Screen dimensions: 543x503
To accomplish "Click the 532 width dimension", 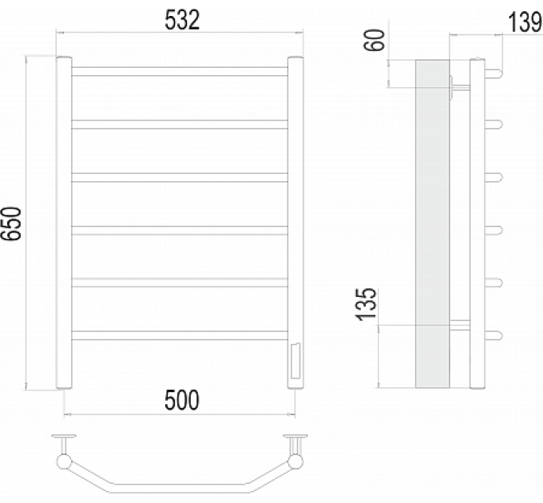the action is pyautogui.click(x=182, y=20).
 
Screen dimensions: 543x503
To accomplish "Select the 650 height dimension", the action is pyautogui.click(x=11, y=224).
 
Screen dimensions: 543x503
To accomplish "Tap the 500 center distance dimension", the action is pyautogui.click(x=182, y=400).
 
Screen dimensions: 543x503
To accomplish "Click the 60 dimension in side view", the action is pyautogui.click(x=375, y=40).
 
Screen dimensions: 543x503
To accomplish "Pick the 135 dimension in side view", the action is pyautogui.click(x=367, y=304).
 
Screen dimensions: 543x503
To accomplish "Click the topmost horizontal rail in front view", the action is pyautogui.click(x=180, y=71).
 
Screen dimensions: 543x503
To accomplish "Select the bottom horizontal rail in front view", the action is pyautogui.click(x=180, y=335).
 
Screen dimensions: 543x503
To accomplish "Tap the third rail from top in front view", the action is pyautogui.click(x=180, y=177).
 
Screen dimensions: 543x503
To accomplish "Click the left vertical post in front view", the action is pyautogui.click(x=64, y=223).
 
